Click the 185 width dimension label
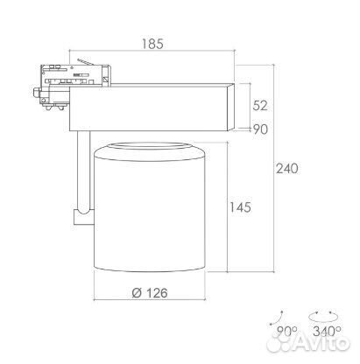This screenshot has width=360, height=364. click(152, 44)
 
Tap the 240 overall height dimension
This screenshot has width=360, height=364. click(287, 169)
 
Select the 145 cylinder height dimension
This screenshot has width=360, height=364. click(240, 207)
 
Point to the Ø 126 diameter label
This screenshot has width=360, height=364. click(150, 292)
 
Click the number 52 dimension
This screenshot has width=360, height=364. click(260, 105)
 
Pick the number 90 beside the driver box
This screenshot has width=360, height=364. click(260, 129)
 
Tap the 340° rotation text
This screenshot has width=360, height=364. click(327, 331)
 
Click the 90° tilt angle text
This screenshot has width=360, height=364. click(286, 331)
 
